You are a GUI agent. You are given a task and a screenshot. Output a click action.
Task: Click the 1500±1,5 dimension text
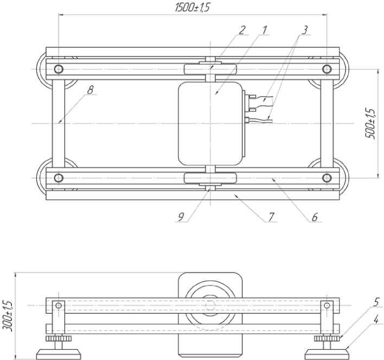[193, 8]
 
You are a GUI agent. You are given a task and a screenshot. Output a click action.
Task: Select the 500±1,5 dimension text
[370, 123]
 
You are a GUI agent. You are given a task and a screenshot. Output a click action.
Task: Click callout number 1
[264, 30]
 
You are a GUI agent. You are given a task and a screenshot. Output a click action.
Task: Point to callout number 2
[242, 30]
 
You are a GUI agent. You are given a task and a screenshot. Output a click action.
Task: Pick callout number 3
[304, 30]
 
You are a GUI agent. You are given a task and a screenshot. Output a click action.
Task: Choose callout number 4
[376, 319]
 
